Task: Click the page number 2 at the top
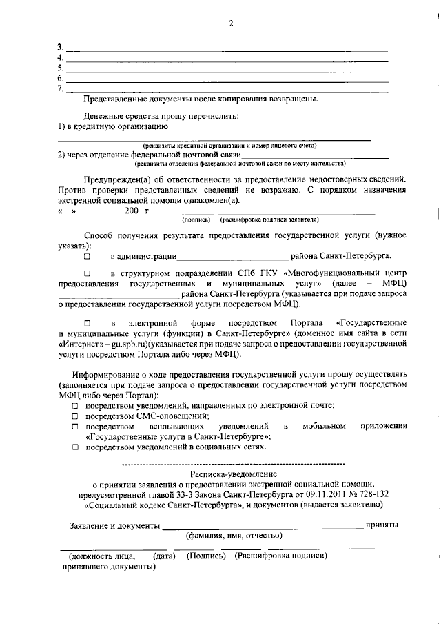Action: pos(231,23)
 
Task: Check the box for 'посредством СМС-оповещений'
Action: pos(75,416)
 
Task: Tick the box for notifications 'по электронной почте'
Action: pos(75,406)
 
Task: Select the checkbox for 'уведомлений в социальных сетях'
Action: pos(75,447)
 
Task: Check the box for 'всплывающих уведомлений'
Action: pos(75,427)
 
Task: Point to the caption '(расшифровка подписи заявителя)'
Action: pos(269,220)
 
